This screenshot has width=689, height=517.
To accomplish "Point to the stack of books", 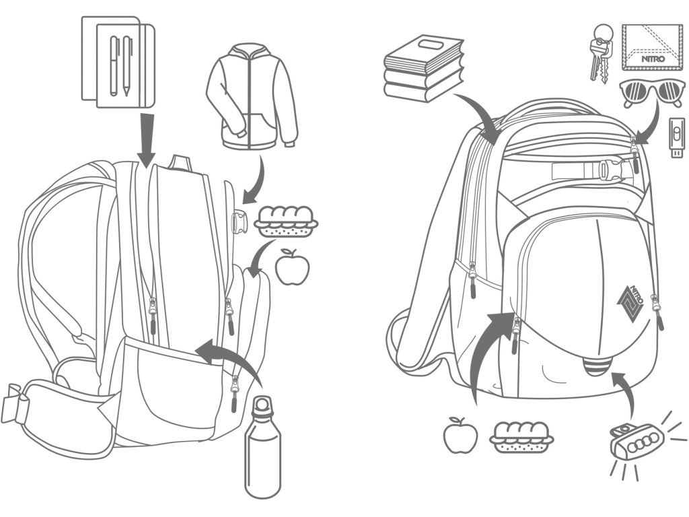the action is pyautogui.click(x=423, y=68).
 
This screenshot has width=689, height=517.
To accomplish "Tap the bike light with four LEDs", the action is pyautogui.click(x=633, y=442).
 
